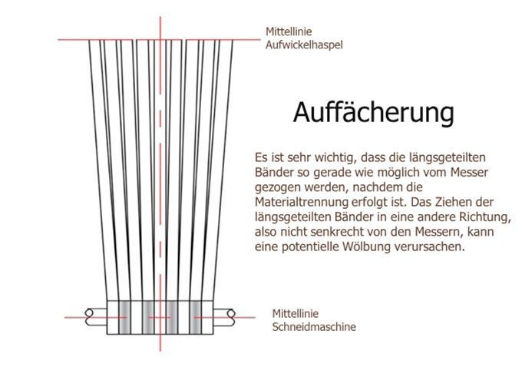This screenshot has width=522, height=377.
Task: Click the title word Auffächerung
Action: pos(373,113)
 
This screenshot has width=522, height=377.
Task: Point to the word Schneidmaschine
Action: pos(314,326)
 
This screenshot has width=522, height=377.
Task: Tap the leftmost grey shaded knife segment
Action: pos(125,316)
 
